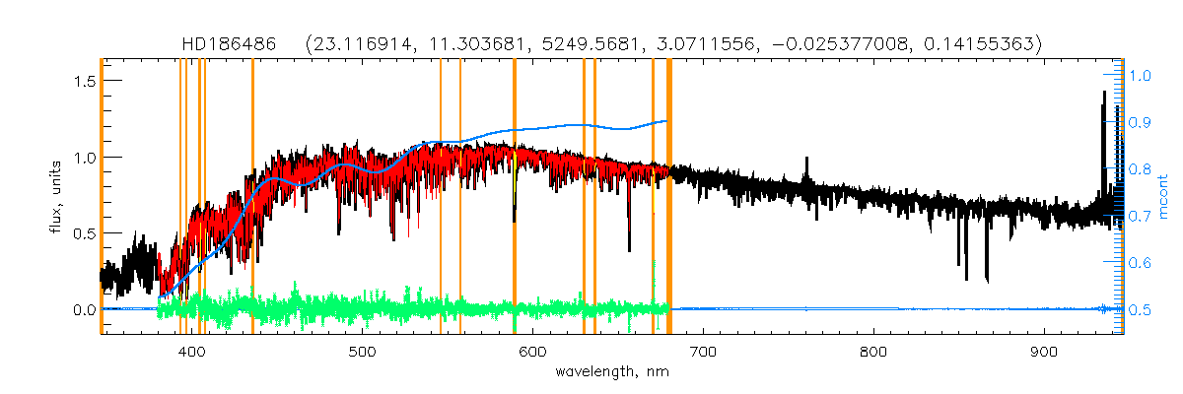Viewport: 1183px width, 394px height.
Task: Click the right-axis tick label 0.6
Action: click(x=1142, y=263)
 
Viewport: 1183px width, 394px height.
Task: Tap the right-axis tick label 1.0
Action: click(x=1142, y=75)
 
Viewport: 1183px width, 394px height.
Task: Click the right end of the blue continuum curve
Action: click(x=667, y=121)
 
